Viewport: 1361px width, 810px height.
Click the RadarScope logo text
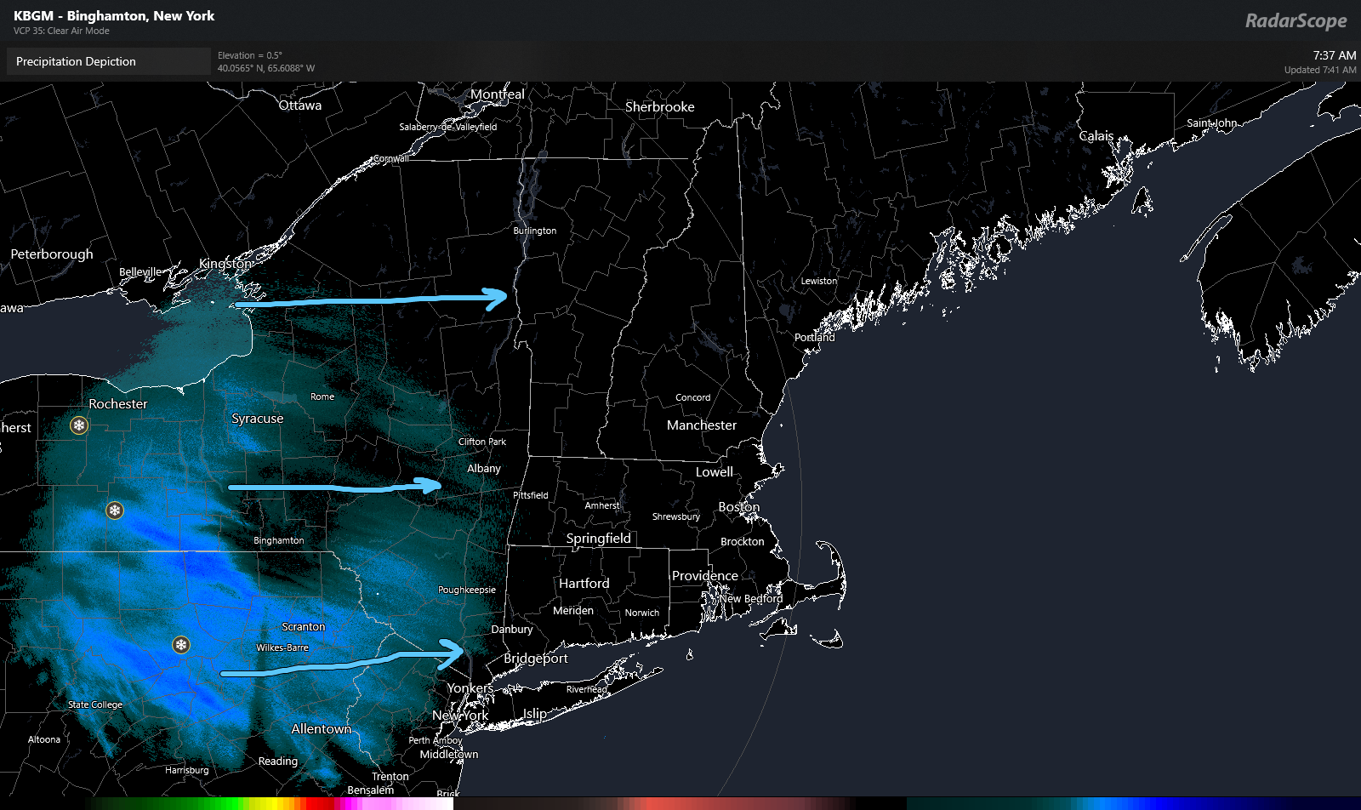click(1296, 20)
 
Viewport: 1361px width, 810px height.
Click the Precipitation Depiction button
click(76, 61)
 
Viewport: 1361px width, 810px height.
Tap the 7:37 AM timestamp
click(1334, 55)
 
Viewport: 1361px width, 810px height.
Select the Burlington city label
click(534, 231)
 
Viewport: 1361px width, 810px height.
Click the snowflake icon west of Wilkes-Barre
click(181, 645)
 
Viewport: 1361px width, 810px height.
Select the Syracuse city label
click(257, 419)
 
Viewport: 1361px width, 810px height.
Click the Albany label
click(483, 469)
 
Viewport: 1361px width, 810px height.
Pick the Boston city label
click(738, 507)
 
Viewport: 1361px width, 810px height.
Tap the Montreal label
click(497, 94)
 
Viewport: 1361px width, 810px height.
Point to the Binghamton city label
click(278, 540)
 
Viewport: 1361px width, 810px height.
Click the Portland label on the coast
click(814, 338)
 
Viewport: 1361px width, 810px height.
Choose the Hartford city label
click(584, 584)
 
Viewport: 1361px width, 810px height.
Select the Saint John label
click(1211, 123)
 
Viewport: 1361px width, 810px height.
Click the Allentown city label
click(321, 729)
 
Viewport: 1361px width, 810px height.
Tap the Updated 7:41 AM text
click(1319, 70)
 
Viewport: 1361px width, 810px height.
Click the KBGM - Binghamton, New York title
click(114, 16)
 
